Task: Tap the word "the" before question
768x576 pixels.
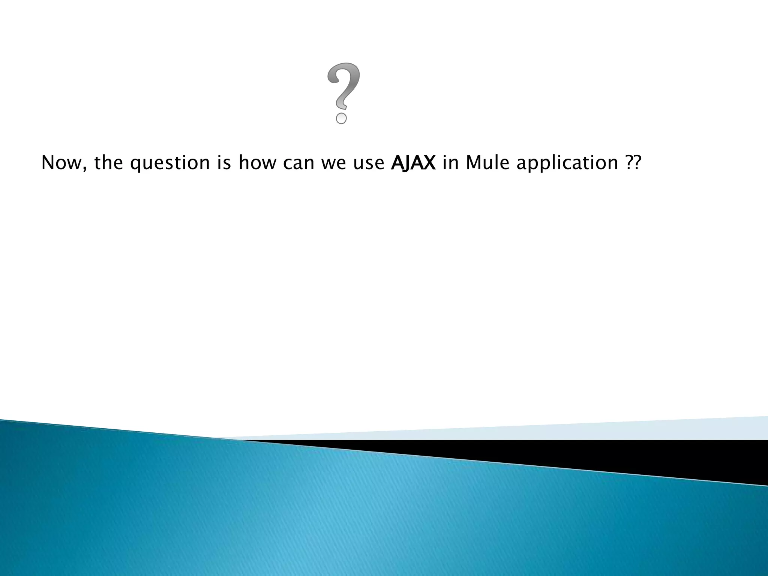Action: coord(108,163)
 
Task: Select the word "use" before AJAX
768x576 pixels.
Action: coord(369,163)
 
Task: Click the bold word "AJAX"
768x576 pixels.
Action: coord(413,163)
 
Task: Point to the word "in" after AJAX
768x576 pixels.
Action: coord(450,163)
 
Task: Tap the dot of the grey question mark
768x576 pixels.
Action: coord(341,118)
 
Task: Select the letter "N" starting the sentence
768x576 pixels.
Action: coord(47,163)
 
